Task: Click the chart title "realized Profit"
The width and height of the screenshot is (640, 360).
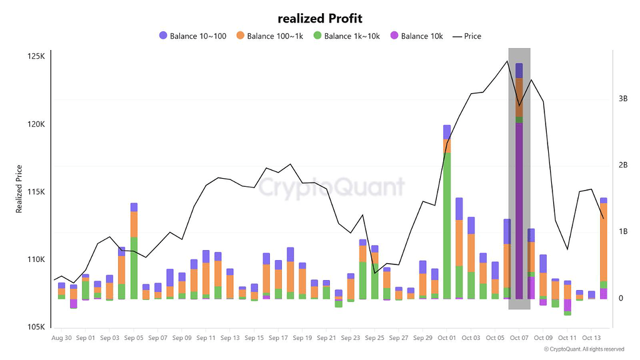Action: (319, 19)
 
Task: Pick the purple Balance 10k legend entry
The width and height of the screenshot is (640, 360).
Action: (416, 36)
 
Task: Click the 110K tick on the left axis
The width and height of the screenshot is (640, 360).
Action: (36, 260)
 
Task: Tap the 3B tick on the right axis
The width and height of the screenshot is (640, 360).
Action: (623, 99)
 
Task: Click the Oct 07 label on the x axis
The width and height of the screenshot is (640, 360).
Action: (519, 337)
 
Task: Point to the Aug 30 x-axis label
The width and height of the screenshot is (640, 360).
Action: (61, 337)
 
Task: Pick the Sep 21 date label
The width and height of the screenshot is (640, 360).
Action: (326, 337)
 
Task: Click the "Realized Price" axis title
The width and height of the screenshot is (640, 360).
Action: (19, 189)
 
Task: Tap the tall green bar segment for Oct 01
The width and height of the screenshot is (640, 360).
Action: (447, 225)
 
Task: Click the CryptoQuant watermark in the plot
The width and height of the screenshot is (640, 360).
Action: (332, 187)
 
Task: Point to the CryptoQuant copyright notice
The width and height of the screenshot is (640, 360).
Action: (584, 349)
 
